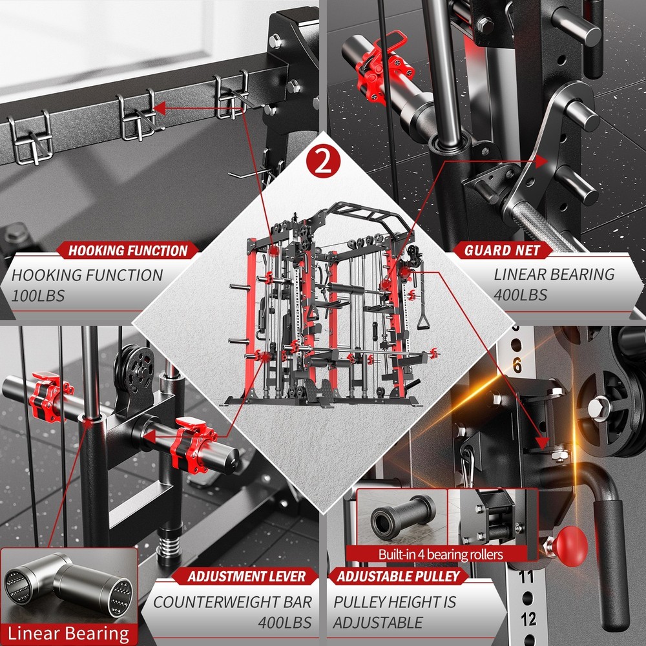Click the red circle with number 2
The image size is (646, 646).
pos(322,162)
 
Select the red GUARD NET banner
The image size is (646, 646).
pos(501,251)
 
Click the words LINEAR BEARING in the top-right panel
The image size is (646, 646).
pos(554,274)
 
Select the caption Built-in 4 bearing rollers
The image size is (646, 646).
pos(441,554)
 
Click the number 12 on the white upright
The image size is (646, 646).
pos(528,619)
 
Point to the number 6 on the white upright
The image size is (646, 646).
pos(517,366)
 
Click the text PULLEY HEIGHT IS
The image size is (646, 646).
pos(394,601)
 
